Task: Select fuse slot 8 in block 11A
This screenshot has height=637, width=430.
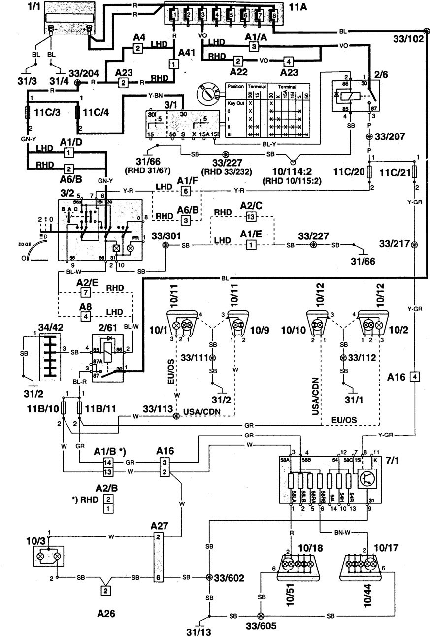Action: pos(274,15)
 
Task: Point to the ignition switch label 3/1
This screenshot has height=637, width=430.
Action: pos(173,105)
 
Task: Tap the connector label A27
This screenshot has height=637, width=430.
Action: pos(158,526)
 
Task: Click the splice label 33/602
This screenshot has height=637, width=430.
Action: pos(229,578)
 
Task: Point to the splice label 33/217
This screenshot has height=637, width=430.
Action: pos(396,245)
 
